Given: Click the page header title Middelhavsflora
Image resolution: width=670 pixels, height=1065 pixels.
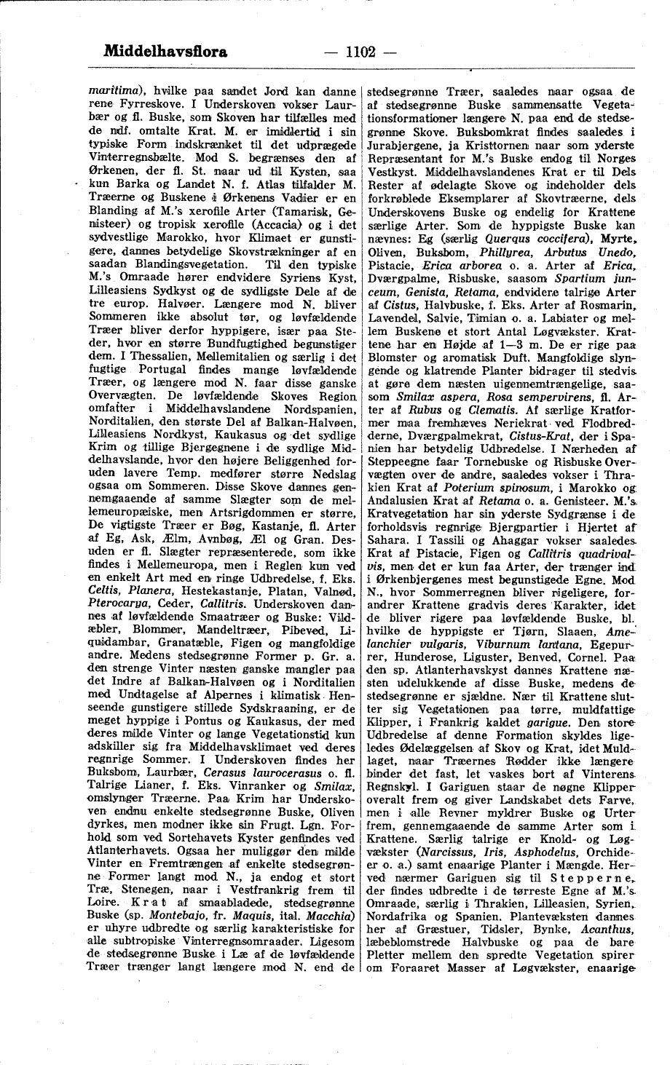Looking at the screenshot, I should point(166,52).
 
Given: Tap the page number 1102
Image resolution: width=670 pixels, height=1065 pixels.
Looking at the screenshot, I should point(360,52).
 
